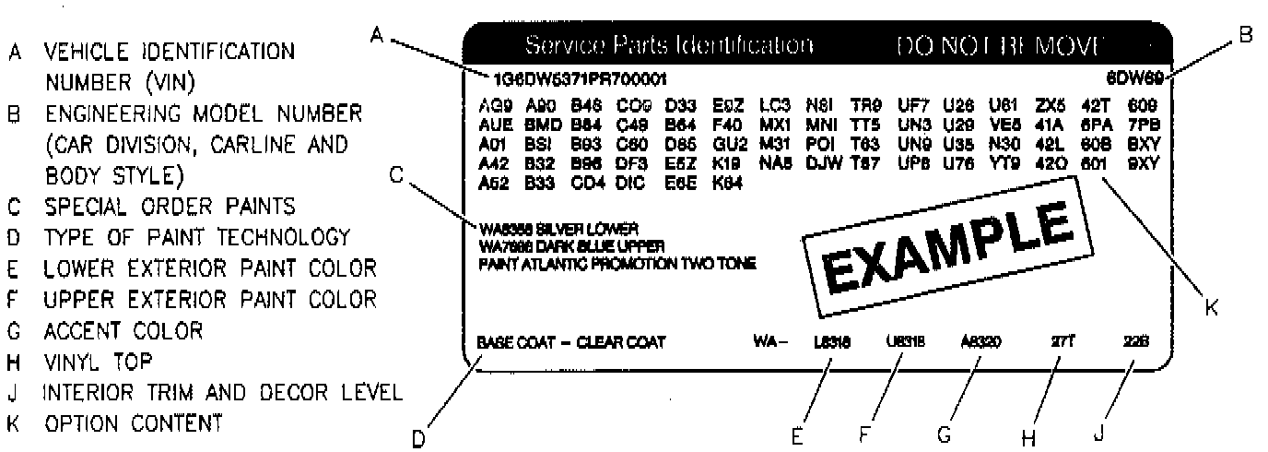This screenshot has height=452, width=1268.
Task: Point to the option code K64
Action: coord(725,182)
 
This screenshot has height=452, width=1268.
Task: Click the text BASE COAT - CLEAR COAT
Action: coord(570,342)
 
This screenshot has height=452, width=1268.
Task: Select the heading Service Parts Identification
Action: coord(669,45)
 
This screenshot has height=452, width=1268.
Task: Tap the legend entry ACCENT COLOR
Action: coord(115,329)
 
